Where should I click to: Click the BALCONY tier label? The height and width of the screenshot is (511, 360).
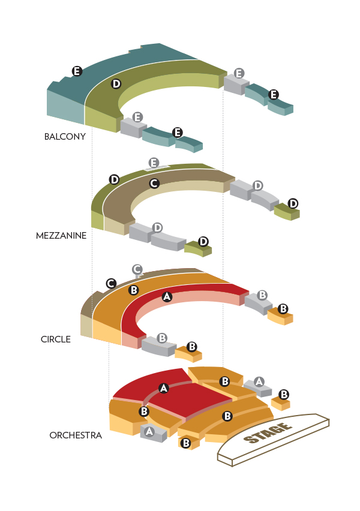click(x=65, y=137)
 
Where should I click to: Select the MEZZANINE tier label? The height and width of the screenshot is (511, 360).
click(x=61, y=236)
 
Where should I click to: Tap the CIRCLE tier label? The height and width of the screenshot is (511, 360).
click(x=56, y=339)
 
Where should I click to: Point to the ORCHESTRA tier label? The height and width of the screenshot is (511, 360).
click(x=76, y=435)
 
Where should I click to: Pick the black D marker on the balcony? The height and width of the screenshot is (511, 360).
click(x=116, y=84)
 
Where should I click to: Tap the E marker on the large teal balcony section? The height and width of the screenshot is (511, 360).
click(x=77, y=71)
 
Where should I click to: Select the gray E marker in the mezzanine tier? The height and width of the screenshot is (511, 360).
click(x=154, y=163)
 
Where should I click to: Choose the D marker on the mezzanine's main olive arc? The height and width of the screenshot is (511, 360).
click(x=114, y=179)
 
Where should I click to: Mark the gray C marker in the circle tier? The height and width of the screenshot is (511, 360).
click(x=137, y=270)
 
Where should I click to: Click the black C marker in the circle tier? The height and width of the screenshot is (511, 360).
click(x=110, y=283)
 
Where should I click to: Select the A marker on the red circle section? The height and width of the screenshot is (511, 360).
click(x=167, y=296)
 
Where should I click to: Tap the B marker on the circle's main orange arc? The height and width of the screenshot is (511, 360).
click(x=134, y=290)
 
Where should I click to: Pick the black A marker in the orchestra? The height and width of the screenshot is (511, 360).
click(x=163, y=389)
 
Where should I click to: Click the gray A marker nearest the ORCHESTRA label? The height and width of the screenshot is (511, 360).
click(x=149, y=431)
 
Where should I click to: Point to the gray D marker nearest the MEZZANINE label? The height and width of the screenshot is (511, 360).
click(x=157, y=227)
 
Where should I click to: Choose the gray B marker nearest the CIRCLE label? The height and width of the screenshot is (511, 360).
click(x=162, y=338)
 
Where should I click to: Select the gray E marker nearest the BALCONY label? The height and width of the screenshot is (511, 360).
click(x=137, y=117)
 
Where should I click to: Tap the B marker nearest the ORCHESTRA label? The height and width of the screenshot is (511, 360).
click(x=144, y=411)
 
